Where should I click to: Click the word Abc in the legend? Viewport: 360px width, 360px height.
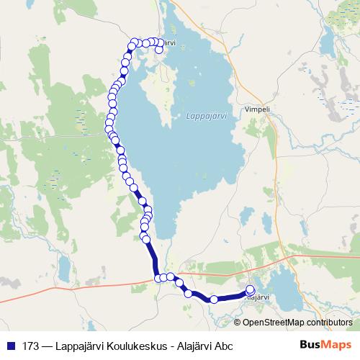click(223, 345)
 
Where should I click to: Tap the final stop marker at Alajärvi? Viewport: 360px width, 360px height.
click(251, 290)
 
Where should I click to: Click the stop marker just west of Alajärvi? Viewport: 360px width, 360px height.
click(214, 300)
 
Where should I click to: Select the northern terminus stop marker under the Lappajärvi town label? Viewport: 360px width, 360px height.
click(159, 50)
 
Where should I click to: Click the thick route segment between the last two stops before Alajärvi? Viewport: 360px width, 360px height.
click(232, 297)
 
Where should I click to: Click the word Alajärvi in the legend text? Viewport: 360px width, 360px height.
click(193, 345)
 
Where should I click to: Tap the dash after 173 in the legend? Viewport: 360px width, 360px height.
click(48, 345)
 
